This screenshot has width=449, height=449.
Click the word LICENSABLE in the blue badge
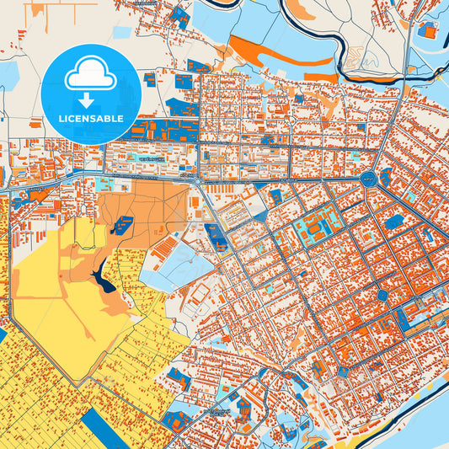click(x=90, y=119)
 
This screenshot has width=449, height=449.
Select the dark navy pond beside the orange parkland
click(x=104, y=278)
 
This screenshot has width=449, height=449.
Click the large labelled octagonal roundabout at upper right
click(x=368, y=179)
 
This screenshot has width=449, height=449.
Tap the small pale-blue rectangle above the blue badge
click(x=122, y=32)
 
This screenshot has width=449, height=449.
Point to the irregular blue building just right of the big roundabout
click(x=385, y=178)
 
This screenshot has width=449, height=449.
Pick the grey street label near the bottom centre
click(x=216, y=412)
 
